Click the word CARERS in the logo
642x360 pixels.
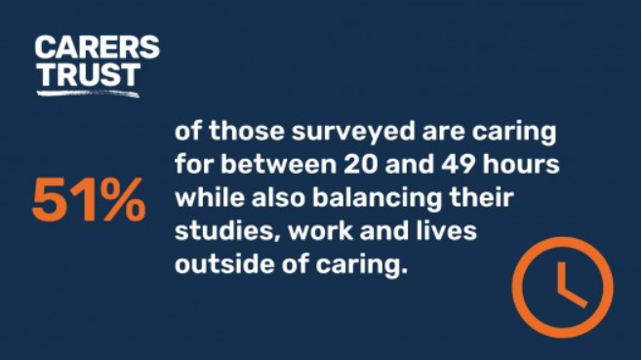[x=97, y=47]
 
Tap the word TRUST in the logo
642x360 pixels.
[x=74, y=72]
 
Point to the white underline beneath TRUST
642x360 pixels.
[x=88, y=93]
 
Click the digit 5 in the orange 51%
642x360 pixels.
[x=48, y=203]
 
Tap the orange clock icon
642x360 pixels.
[x=562, y=289]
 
